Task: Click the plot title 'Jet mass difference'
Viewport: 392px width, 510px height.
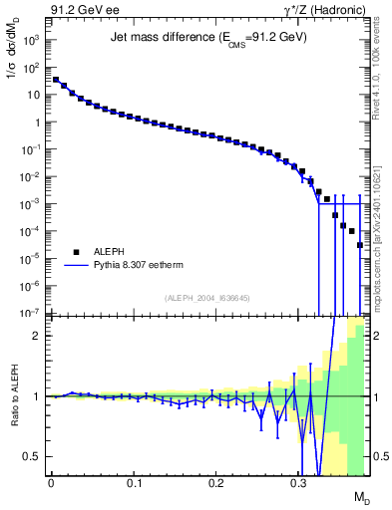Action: (207, 37)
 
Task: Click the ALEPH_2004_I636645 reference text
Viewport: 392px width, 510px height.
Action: (208, 297)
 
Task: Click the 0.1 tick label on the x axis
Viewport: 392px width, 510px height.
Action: (133, 482)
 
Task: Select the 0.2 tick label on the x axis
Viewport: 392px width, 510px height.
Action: (215, 482)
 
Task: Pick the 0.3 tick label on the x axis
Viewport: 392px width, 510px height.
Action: (298, 482)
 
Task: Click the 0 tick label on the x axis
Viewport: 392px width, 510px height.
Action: (51, 482)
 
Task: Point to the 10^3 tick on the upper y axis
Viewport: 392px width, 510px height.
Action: (32, 41)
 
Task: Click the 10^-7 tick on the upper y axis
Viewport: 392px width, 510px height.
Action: (32, 313)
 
